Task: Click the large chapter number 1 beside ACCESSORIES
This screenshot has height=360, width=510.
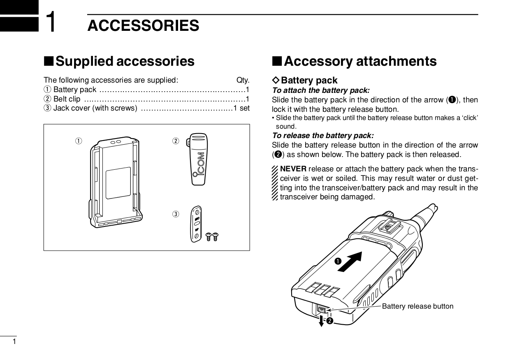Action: (51, 22)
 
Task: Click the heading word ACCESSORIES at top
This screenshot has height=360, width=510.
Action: (143, 25)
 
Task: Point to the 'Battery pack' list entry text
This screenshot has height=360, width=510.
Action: (74, 90)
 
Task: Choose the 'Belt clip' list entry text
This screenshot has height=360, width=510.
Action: (67, 99)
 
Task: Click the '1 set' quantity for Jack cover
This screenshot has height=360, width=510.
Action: (241, 108)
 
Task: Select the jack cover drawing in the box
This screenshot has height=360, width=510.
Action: (197, 224)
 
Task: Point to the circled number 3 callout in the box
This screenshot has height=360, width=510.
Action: (176, 214)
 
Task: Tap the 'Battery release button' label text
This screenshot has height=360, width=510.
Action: (417, 307)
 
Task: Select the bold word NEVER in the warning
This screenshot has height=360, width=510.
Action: (293, 169)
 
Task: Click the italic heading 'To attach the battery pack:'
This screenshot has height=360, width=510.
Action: (321, 90)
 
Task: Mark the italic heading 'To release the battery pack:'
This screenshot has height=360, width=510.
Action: (323, 136)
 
